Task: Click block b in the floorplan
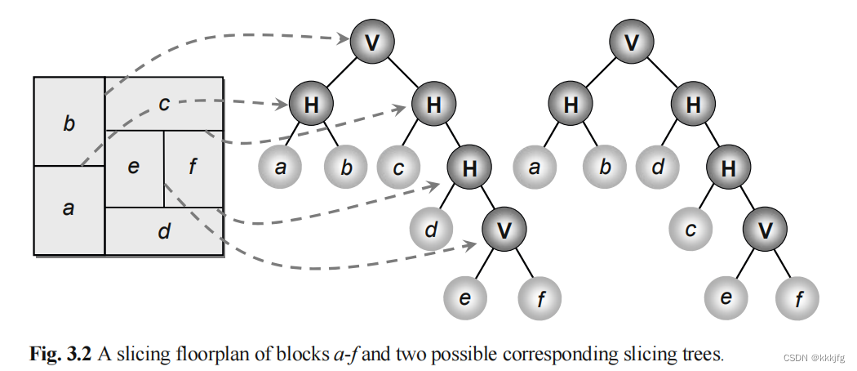click(69, 123)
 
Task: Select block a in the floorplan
click(69, 209)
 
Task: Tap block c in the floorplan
click(164, 103)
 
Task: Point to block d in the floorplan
click(164, 231)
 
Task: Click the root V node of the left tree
click(372, 42)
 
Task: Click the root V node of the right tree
click(631, 42)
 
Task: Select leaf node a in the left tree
click(280, 168)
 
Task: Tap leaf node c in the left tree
click(399, 168)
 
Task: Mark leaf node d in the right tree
click(659, 168)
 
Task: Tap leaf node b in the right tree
click(604, 168)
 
